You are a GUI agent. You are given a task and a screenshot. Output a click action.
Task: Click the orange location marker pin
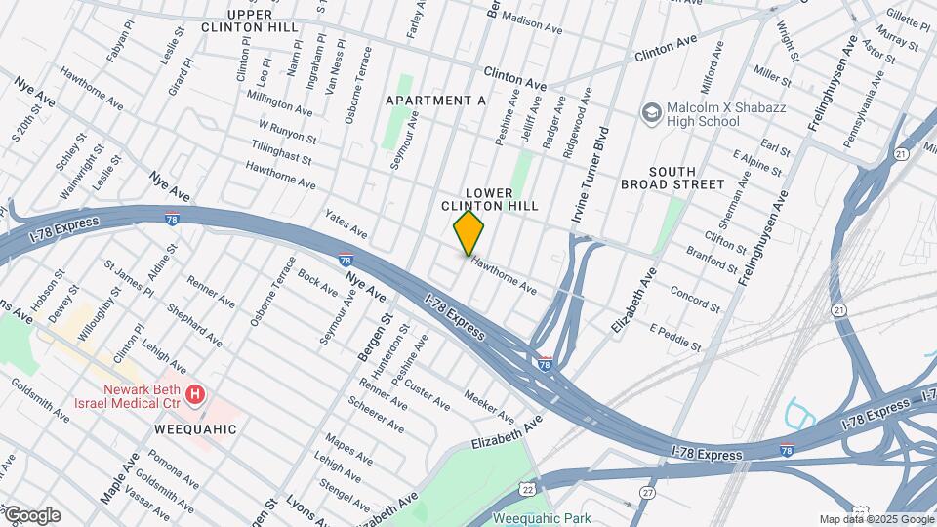[x=469, y=233]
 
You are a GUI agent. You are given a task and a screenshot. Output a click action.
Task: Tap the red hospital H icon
[x=195, y=394]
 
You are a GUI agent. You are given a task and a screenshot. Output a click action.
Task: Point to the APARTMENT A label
[x=435, y=101]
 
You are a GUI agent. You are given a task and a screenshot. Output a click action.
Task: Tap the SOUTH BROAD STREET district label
[x=672, y=177]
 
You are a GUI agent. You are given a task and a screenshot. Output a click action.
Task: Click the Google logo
[x=31, y=515]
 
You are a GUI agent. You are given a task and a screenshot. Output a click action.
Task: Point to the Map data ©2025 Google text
[x=876, y=519]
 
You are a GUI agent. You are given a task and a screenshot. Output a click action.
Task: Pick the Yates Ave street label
[x=346, y=227]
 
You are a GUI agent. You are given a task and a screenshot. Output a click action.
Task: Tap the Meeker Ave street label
[x=489, y=399]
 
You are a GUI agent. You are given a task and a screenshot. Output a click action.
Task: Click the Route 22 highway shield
[x=528, y=487]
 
